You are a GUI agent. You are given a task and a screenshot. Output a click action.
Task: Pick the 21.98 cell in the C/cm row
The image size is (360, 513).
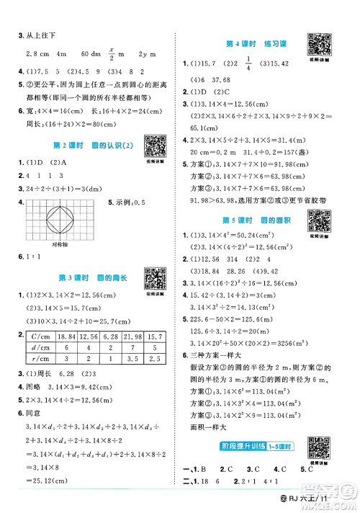click(135, 337)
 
